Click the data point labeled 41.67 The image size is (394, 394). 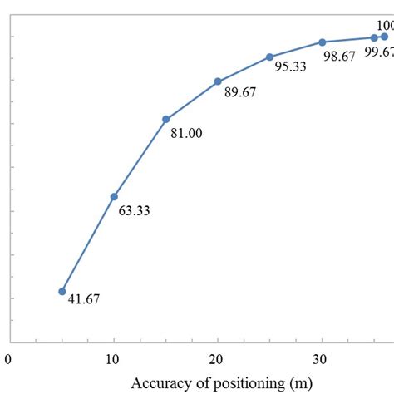tap(62, 291)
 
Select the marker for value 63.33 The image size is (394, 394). tap(114, 196)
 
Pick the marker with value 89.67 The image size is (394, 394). tap(218, 81)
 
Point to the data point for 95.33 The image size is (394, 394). tap(270, 57)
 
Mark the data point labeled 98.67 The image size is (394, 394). tap(323, 42)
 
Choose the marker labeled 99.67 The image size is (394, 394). tap(374, 37)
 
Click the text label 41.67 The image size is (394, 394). tap(83, 299)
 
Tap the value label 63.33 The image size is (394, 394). tap(134, 211)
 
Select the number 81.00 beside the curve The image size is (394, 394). tap(186, 132)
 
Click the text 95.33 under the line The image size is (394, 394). tap(291, 66)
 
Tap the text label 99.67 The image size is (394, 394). tap(379, 52)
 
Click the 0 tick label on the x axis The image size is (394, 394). tap(8, 360)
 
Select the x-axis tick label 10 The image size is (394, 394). tap(113, 360)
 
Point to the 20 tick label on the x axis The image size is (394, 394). tap(218, 360)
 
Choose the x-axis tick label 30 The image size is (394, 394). tap(322, 360)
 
